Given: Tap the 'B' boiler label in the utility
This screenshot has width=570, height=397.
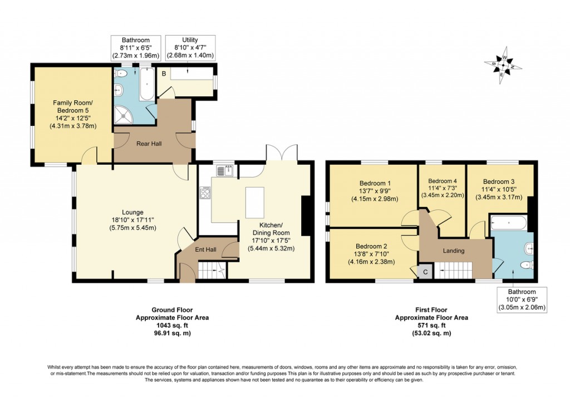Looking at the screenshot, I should coord(164,73).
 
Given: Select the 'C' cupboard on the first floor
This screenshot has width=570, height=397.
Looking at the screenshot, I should coord(425,272).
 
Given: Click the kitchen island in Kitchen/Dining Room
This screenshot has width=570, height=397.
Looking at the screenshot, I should coord(254,203).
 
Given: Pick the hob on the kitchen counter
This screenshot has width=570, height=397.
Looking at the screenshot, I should coord(204,193).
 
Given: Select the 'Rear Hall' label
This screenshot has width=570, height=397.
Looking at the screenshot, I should coord(149,144).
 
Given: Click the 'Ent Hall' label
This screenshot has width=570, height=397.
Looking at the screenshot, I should coord(205,250).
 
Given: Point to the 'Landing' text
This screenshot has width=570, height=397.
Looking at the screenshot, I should coord(454,251).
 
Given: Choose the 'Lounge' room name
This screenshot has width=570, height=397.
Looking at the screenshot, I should coord(133,212).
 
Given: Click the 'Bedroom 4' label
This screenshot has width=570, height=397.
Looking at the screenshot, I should coord(442,181).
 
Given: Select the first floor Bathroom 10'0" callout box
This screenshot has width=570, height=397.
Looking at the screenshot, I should coord(522,300).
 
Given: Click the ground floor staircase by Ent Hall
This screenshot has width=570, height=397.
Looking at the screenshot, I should coord(214,271).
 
